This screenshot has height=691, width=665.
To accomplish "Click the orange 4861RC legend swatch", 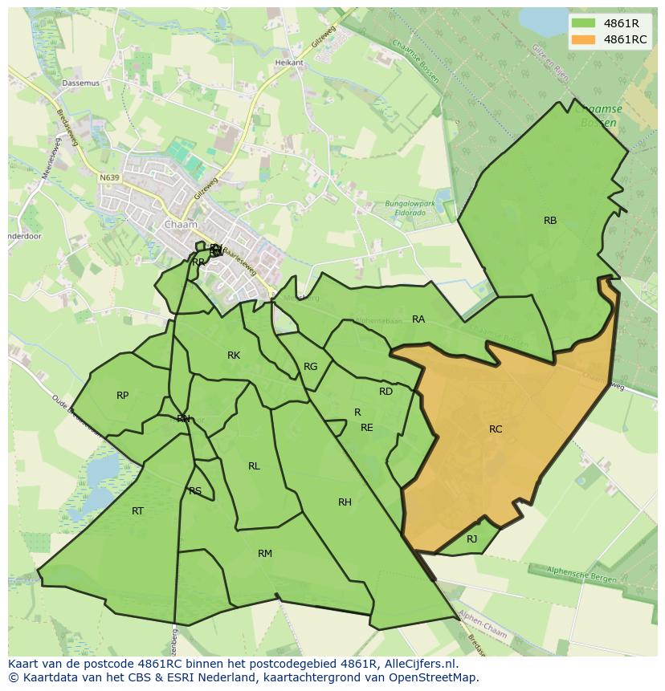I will (584, 40).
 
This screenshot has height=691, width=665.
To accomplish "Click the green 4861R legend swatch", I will (584, 23).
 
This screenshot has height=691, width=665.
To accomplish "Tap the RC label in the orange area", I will (496, 429).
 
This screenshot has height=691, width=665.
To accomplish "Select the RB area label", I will (550, 221).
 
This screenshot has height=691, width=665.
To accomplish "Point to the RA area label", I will (418, 319).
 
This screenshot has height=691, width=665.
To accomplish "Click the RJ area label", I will (472, 539).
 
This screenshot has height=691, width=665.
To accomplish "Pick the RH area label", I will (345, 502).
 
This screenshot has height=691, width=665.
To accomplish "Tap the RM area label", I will (265, 554).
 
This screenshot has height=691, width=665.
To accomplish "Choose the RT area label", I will (137, 511).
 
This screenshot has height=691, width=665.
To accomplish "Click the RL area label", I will (254, 466).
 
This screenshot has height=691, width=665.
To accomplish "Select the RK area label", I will (234, 356).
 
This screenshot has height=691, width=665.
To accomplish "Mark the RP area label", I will (122, 396).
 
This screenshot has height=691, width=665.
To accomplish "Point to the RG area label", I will (311, 367).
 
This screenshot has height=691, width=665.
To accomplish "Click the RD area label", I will (386, 392).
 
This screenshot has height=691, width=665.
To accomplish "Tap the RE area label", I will (367, 428).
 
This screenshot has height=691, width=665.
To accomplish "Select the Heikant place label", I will (289, 63).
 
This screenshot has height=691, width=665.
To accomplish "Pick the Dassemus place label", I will (81, 83).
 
